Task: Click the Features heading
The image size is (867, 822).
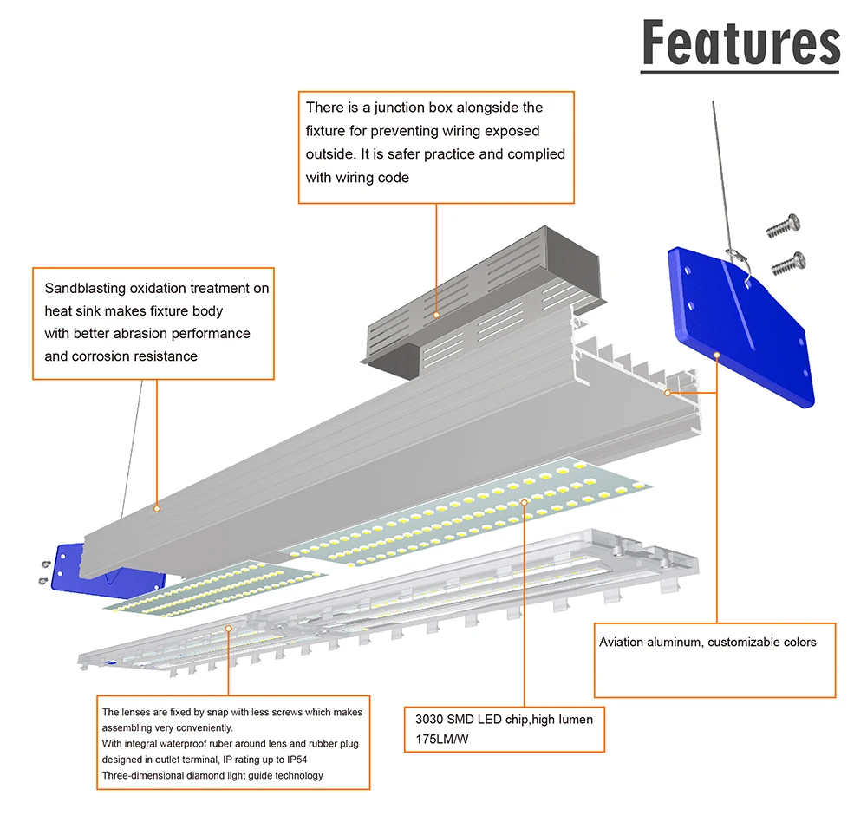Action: point(740,45)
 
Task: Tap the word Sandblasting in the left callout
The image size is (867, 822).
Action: point(84,289)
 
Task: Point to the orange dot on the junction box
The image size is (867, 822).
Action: point(436,315)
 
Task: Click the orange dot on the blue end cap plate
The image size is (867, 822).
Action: point(717,354)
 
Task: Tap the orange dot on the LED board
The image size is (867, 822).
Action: point(524,501)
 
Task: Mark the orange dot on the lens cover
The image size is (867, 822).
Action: point(229,628)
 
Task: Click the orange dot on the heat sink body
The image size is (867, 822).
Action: point(157,507)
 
